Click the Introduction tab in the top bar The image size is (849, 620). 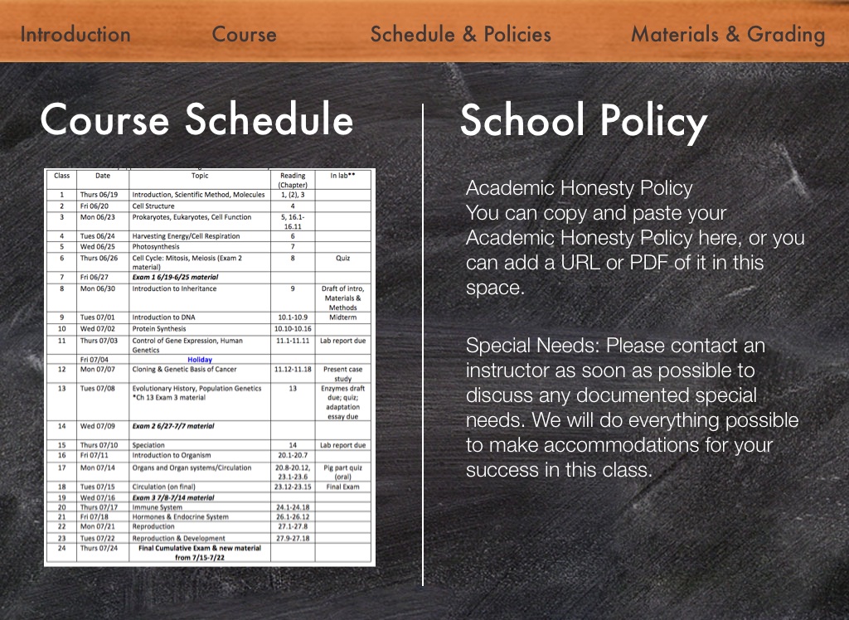tap(75, 34)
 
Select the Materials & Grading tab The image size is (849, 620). tap(727, 34)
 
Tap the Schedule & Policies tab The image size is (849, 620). tap(460, 34)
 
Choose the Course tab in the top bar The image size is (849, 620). tap(244, 34)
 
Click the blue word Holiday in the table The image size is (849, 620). tap(200, 360)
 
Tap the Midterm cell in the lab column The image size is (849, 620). tap(342, 317)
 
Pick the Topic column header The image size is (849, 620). tap(200, 176)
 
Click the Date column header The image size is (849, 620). tap(102, 176)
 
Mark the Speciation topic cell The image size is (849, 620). tap(149, 445)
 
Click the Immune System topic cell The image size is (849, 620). tap(158, 507)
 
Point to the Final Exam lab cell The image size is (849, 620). tap(342, 487)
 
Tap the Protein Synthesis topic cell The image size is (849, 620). tap(159, 329)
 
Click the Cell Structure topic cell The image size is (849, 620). tap(153, 206)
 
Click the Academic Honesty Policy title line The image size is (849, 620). tap(579, 188)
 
